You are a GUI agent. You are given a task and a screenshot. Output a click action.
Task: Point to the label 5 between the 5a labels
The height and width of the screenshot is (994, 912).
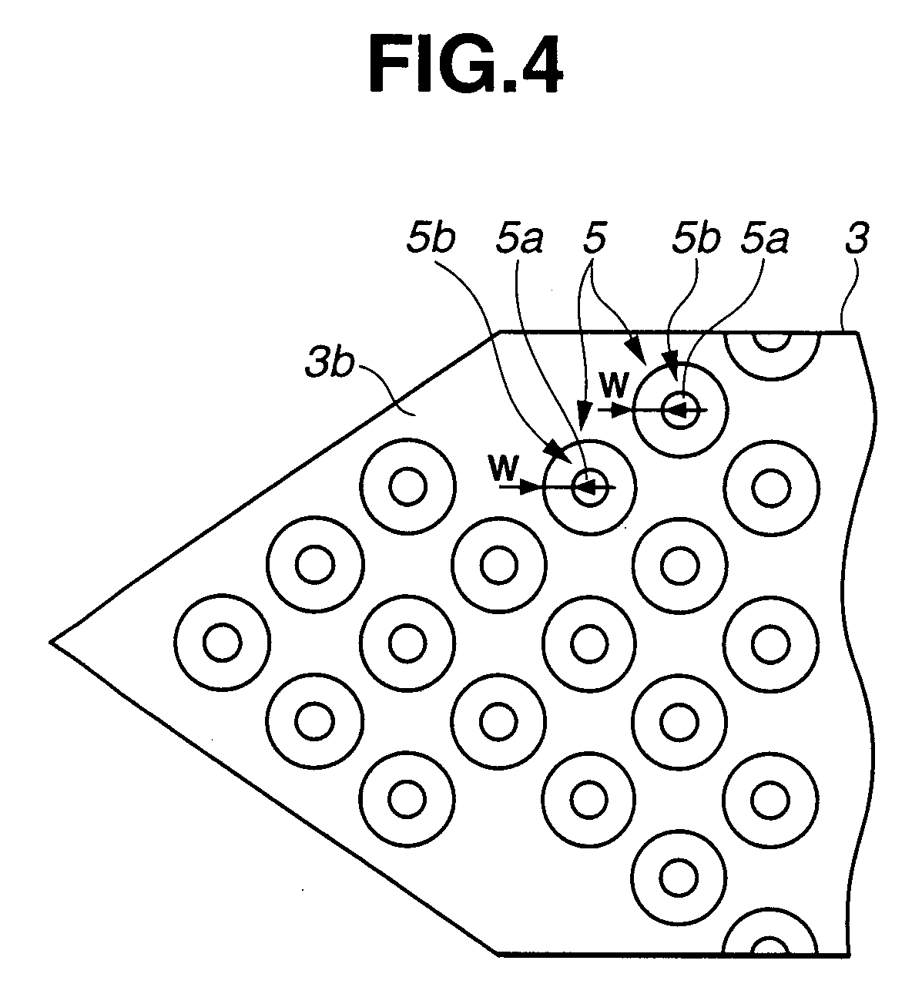click(594, 240)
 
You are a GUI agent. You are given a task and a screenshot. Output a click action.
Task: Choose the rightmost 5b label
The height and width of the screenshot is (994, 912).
click(695, 240)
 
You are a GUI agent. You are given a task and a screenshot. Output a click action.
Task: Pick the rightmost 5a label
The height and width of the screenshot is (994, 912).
click(764, 240)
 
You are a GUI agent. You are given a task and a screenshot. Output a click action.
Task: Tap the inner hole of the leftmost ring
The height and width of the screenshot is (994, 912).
click(223, 642)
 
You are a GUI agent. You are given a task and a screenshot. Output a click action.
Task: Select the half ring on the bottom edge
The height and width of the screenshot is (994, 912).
click(769, 944)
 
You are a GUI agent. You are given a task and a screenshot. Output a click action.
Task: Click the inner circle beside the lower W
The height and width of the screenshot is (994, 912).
click(590, 487)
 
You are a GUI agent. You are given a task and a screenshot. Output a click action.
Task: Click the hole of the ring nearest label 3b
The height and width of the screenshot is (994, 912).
click(406, 486)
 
